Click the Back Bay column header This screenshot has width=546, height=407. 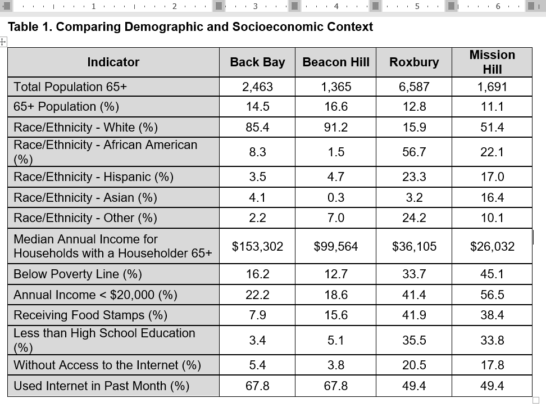(x=257, y=62)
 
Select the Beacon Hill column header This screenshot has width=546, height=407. (x=336, y=62)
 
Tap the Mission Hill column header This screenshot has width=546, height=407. (x=492, y=62)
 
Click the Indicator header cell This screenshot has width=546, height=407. (x=113, y=62)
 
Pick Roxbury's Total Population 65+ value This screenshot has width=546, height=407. (x=414, y=87)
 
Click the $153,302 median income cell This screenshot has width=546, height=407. (x=257, y=246)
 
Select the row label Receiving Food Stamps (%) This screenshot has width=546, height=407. (x=90, y=315)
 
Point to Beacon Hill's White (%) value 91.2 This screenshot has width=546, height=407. (x=336, y=128)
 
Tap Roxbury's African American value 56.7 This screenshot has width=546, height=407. (x=414, y=152)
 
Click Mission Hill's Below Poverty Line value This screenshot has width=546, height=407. (x=492, y=274)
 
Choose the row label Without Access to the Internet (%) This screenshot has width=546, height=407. (x=107, y=365)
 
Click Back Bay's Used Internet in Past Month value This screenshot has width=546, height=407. (x=257, y=386)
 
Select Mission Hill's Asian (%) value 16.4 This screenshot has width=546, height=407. (x=492, y=197)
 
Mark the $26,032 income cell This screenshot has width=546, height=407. (x=492, y=246)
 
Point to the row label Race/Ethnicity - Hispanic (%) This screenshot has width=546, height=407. (x=93, y=177)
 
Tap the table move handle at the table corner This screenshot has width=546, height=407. (x=3, y=42)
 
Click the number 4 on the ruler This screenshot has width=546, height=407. (x=336, y=6)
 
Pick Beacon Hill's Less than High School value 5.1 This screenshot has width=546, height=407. (x=336, y=340)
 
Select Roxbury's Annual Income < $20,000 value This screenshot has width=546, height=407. (x=414, y=295)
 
